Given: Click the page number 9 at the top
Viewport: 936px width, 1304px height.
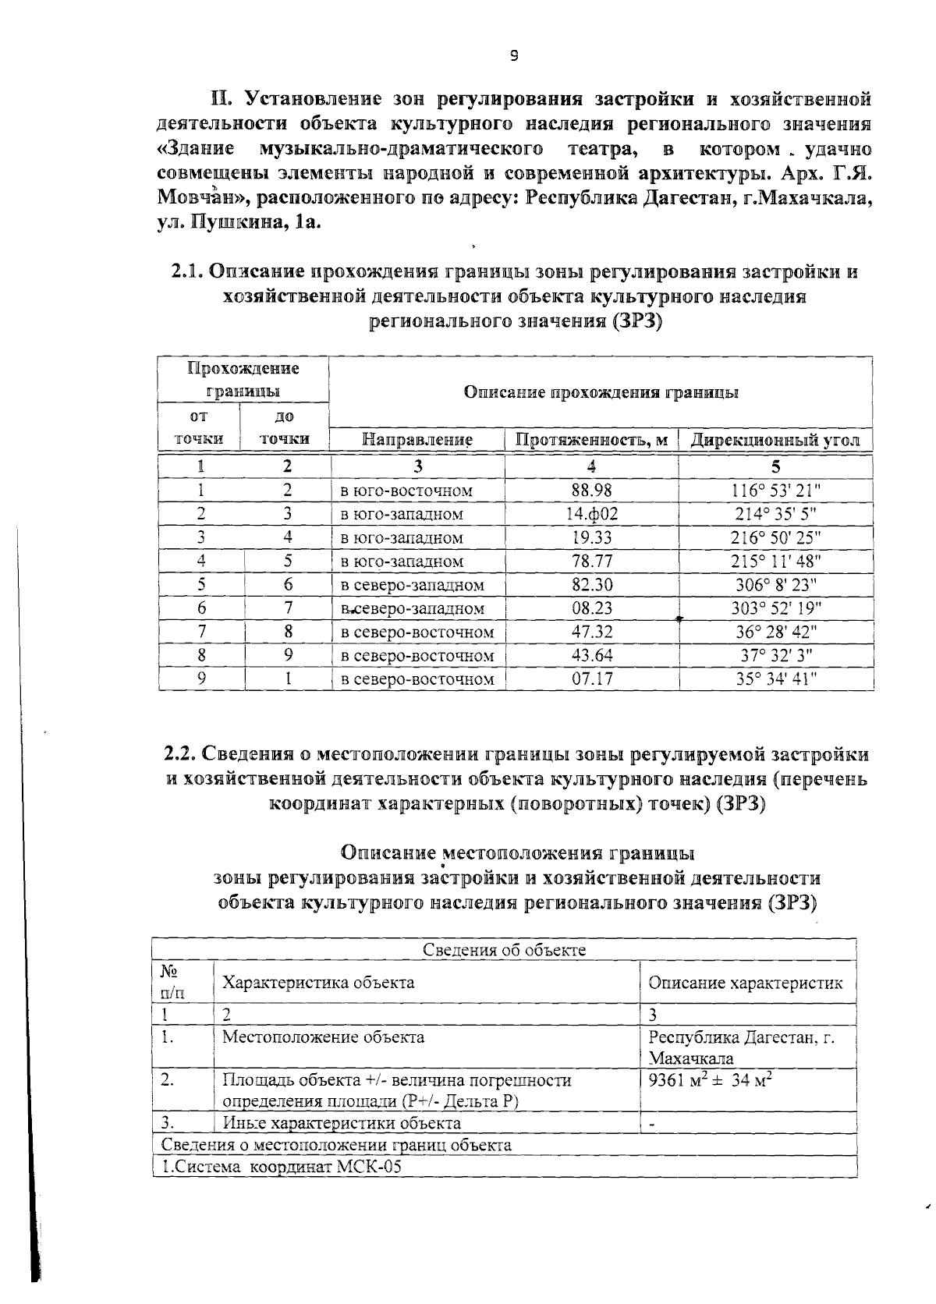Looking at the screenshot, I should click(x=513, y=55).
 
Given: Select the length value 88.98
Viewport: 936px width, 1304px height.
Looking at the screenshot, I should click(x=592, y=491).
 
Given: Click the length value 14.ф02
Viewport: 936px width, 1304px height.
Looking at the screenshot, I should click(x=592, y=514).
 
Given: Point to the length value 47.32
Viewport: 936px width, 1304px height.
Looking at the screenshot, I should click(x=592, y=632).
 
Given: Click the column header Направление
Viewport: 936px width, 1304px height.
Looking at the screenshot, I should click(x=418, y=440).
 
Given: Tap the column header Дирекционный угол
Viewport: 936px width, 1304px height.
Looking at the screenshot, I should click(x=775, y=440).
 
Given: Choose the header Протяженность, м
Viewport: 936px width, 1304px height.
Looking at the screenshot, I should click(x=592, y=440).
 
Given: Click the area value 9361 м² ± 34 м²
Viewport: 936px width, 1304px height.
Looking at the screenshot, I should click(x=710, y=1080).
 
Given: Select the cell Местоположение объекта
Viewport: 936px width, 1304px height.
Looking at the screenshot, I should click(x=323, y=1037).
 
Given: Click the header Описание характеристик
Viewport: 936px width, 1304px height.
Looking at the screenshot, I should click(x=746, y=983).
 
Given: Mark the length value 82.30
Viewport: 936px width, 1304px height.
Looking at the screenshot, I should click(x=592, y=585).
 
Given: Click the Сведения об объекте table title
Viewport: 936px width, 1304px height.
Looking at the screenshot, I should click(x=504, y=949).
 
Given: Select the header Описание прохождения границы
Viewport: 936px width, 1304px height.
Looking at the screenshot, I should click(x=601, y=392).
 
